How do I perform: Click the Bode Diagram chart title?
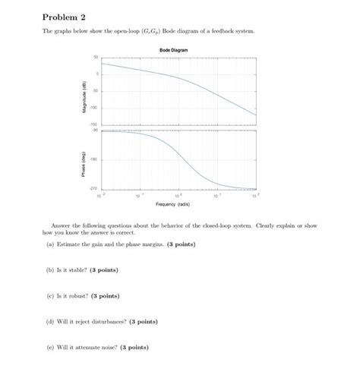pos(174,49)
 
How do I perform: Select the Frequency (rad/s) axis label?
pos(173,204)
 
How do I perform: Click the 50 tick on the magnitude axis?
pos(96,58)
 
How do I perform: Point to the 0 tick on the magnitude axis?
pos(97,74)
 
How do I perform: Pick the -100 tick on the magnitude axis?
pos(95,107)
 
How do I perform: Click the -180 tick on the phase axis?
pos(95,159)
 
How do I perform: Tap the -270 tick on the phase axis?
pos(95,187)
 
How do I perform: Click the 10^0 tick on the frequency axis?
pos(178,194)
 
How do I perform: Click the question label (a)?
pos(49,244)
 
